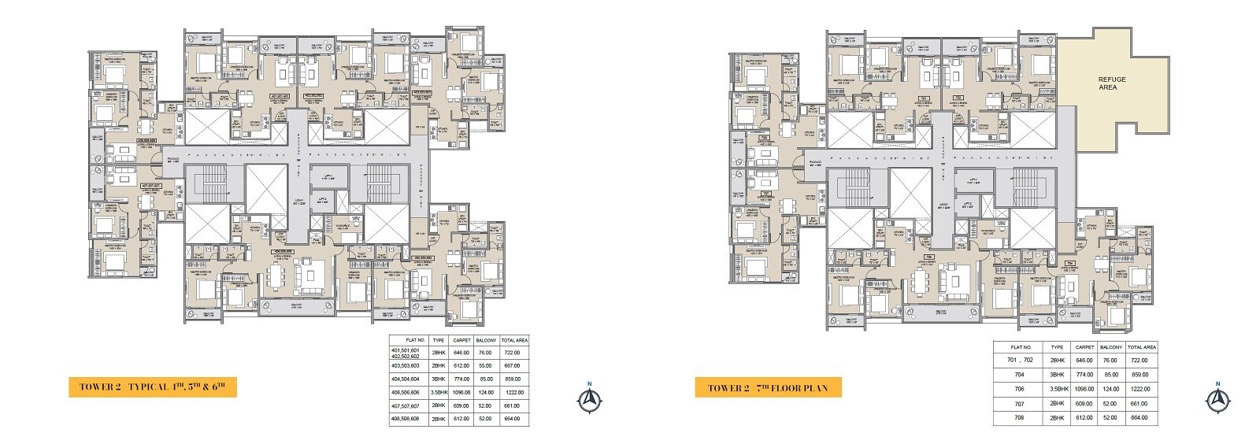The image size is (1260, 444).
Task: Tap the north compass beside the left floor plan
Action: [x=588, y=400]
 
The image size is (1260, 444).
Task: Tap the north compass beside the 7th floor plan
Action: [x=1217, y=400]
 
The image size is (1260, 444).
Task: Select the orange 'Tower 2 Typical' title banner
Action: [x=153, y=387]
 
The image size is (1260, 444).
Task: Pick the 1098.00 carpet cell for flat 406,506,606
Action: [x=461, y=392]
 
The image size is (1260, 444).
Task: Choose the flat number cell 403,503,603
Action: [x=407, y=366]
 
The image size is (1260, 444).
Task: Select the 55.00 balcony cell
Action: [x=487, y=366]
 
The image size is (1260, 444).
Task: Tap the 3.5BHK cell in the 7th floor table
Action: [x=1057, y=389]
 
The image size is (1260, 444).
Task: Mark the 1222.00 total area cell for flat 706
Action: [x=1140, y=389]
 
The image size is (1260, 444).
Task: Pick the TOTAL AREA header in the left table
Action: [x=513, y=340]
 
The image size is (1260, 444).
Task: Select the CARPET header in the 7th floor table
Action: [x=1085, y=347]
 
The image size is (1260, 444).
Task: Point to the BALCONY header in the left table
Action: [x=487, y=340]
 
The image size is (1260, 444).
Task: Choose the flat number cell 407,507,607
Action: [x=407, y=405]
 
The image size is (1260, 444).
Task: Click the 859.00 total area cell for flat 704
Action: [x=1140, y=375]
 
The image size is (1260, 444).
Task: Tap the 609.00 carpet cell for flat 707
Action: [x=1085, y=403]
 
